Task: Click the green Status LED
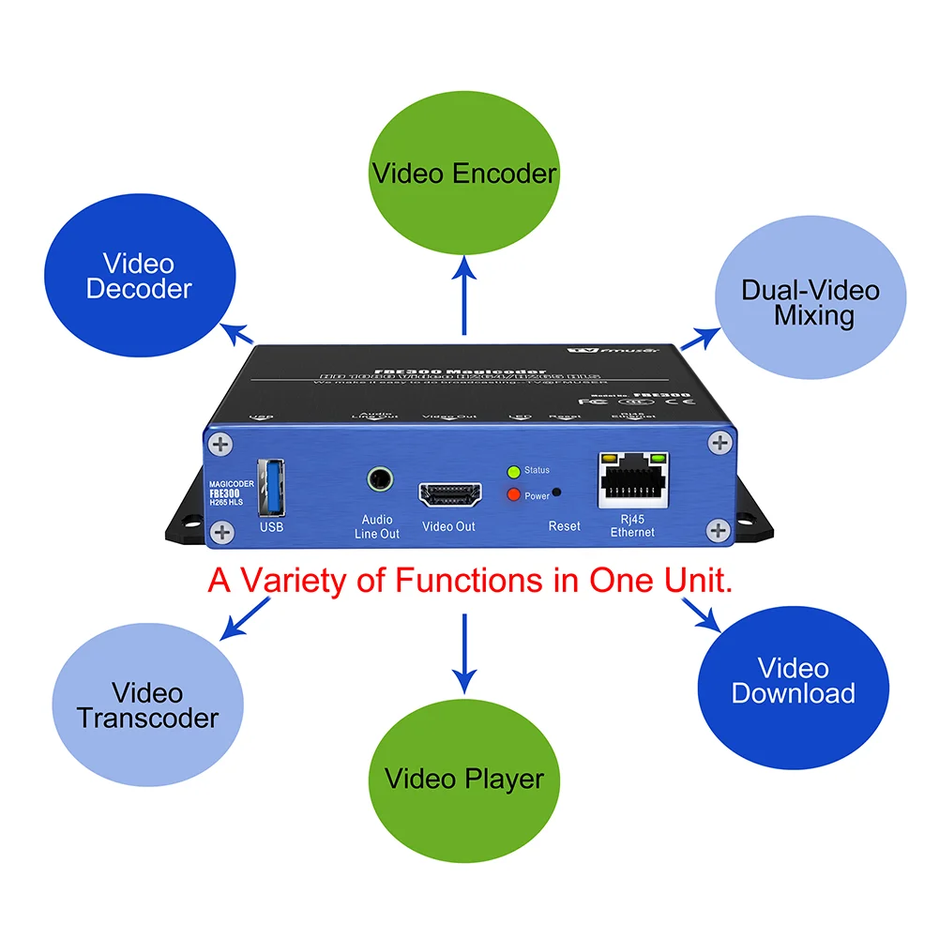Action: pos(513,472)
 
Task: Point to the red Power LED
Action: pos(513,494)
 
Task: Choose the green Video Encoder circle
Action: pos(464,174)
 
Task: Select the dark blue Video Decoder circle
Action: pos(139,277)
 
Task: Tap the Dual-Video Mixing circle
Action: pos(810,302)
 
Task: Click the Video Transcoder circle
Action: pos(147,705)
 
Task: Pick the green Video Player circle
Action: pos(464,779)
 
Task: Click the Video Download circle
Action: pos(794,681)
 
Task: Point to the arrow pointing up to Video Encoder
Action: pos(464,295)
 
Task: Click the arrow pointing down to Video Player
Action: pos(464,657)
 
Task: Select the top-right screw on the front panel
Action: pos(718,442)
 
